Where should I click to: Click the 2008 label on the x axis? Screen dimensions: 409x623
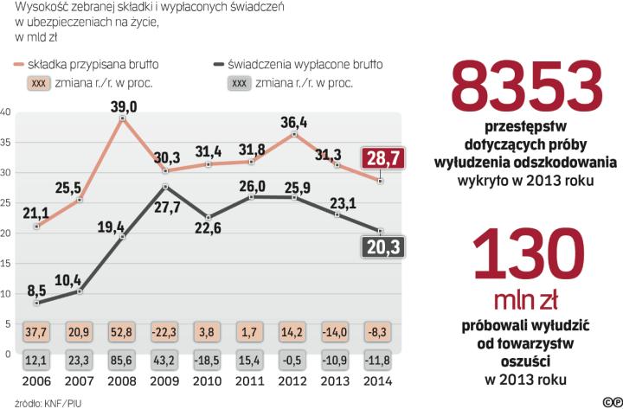[x=122, y=382]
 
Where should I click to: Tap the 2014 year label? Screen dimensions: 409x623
[x=379, y=382]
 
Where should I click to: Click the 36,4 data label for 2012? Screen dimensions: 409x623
[x=294, y=122]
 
